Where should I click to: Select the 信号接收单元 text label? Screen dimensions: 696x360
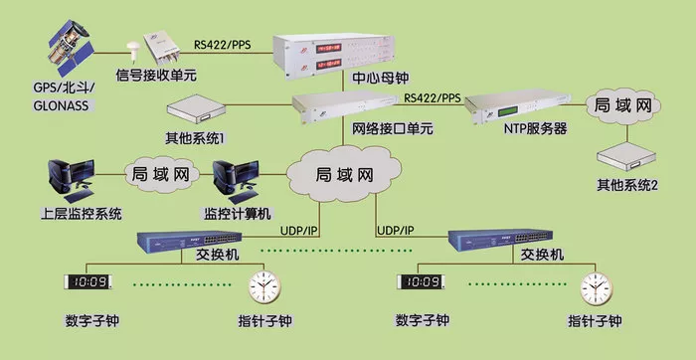[x=156, y=75]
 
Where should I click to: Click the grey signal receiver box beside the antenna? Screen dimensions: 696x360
[x=162, y=46]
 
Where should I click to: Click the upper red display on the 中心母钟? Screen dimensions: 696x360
[x=328, y=48]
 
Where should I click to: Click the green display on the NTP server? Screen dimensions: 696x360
[x=508, y=111]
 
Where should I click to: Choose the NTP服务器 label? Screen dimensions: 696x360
[x=535, y=128]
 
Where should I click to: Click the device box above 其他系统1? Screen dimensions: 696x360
[x=195, y=109]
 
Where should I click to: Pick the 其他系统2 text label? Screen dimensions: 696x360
[x=626, y=185]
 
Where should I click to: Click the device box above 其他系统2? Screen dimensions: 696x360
[x=625, y=156]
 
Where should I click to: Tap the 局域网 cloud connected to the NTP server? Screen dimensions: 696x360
[x=623, y=106]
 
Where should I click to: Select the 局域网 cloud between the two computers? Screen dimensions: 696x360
[x=161, y=174]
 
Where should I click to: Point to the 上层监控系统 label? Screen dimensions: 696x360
[x=81, y=214]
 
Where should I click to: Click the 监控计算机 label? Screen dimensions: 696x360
[x=237, y=214]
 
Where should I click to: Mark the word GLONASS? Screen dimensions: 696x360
[x=61, y=105]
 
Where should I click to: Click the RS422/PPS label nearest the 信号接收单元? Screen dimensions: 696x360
[x=223, y=45]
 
